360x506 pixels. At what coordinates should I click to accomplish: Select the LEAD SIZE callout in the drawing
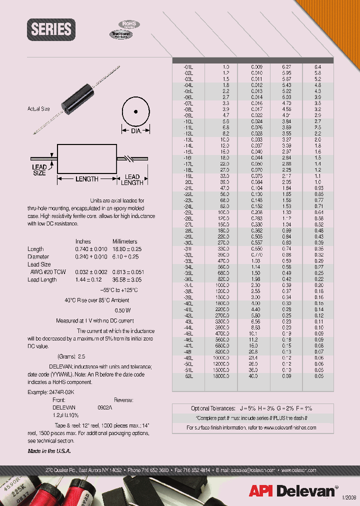coord(39,170)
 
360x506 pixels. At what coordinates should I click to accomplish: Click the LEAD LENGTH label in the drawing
coord(132,179)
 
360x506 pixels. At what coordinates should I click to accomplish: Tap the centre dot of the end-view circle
coord(136,112)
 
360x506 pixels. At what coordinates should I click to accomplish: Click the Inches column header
coord(83,241)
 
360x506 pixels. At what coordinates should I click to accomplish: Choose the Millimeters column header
coord(125,241)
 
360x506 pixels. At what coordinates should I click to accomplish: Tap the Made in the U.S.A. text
coord(49,451)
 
